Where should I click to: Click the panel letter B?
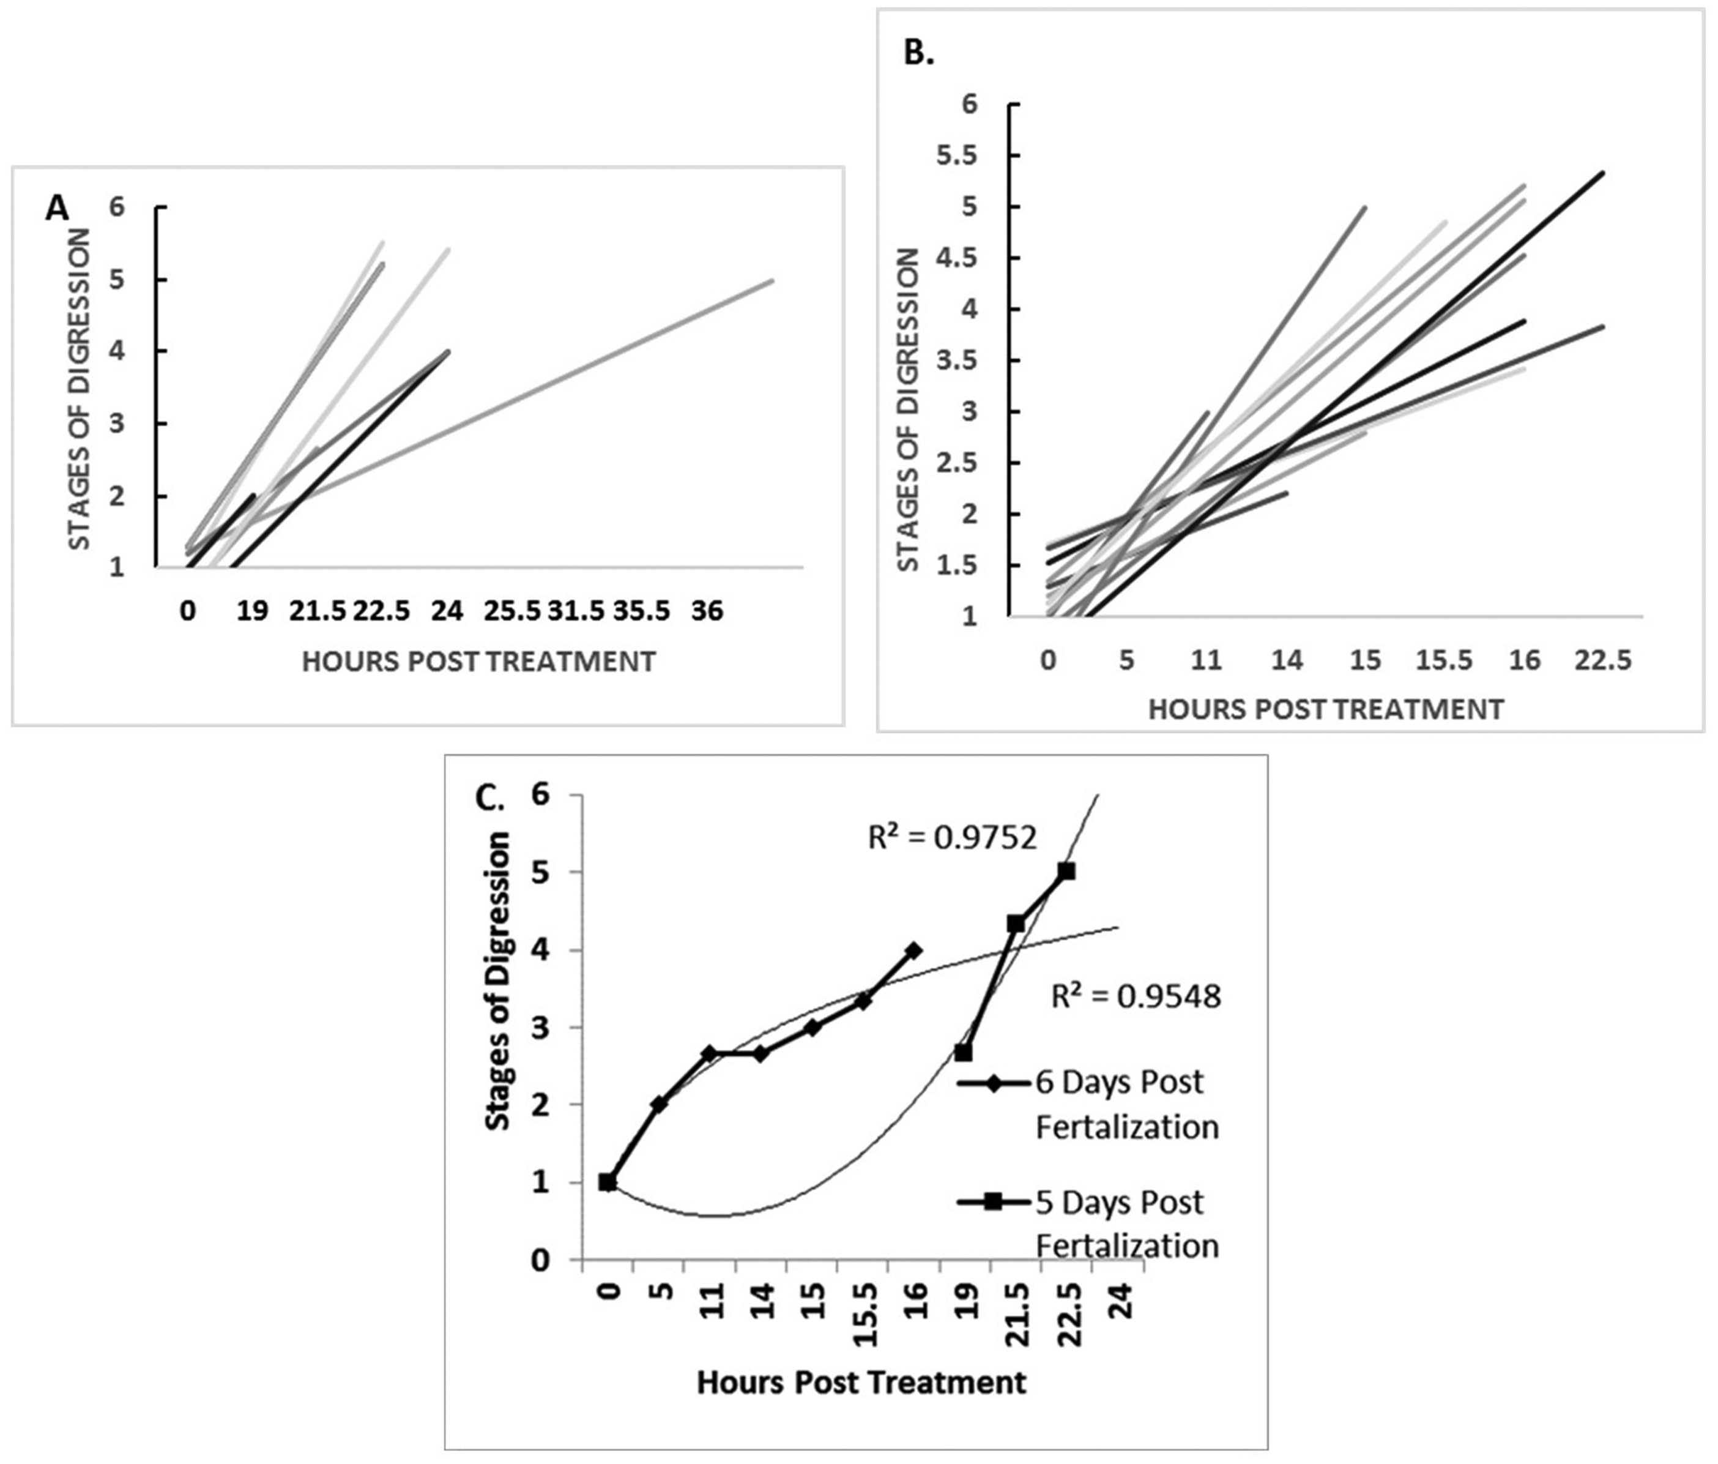918,54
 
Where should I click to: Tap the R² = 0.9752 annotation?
952,838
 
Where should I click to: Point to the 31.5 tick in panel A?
576,611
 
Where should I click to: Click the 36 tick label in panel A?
707,611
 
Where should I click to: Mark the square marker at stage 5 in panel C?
1066,871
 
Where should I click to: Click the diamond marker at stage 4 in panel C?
913,950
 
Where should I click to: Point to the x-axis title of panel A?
478,662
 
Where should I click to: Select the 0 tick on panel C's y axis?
541,1261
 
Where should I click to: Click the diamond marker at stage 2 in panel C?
659,1104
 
